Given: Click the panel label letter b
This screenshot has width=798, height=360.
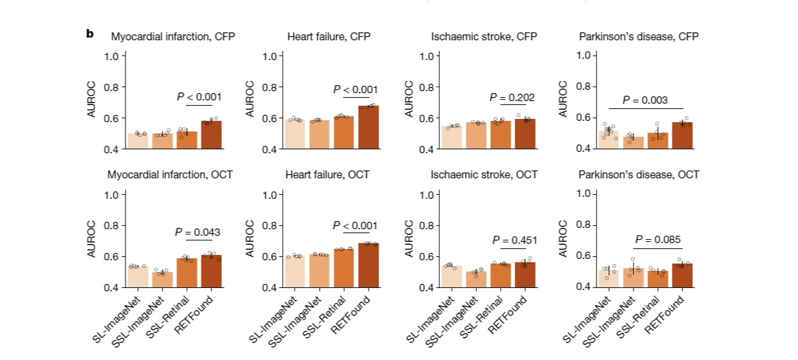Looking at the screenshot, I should point(90,33).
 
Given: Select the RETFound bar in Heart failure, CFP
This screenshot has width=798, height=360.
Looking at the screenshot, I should point(369,127).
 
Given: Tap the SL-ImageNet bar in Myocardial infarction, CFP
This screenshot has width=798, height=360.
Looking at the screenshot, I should point(138,141).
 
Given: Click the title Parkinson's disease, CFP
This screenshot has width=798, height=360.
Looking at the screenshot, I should point(638,37).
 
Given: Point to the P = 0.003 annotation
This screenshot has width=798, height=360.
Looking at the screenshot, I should point(645,100).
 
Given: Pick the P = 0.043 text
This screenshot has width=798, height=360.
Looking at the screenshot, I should point(198,232).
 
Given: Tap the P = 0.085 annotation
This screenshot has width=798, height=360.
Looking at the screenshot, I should point(658,239).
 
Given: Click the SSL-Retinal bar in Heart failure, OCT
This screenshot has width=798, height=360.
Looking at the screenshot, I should point(344,268).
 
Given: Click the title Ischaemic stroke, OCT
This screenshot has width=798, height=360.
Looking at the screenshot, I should point(484,175).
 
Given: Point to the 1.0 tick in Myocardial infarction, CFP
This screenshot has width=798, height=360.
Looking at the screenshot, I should point(115,56).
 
